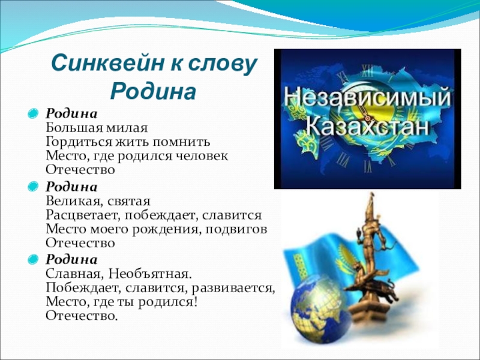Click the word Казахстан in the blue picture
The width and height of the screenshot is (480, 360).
(368, 126)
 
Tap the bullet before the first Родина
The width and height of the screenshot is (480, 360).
(34, 113)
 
